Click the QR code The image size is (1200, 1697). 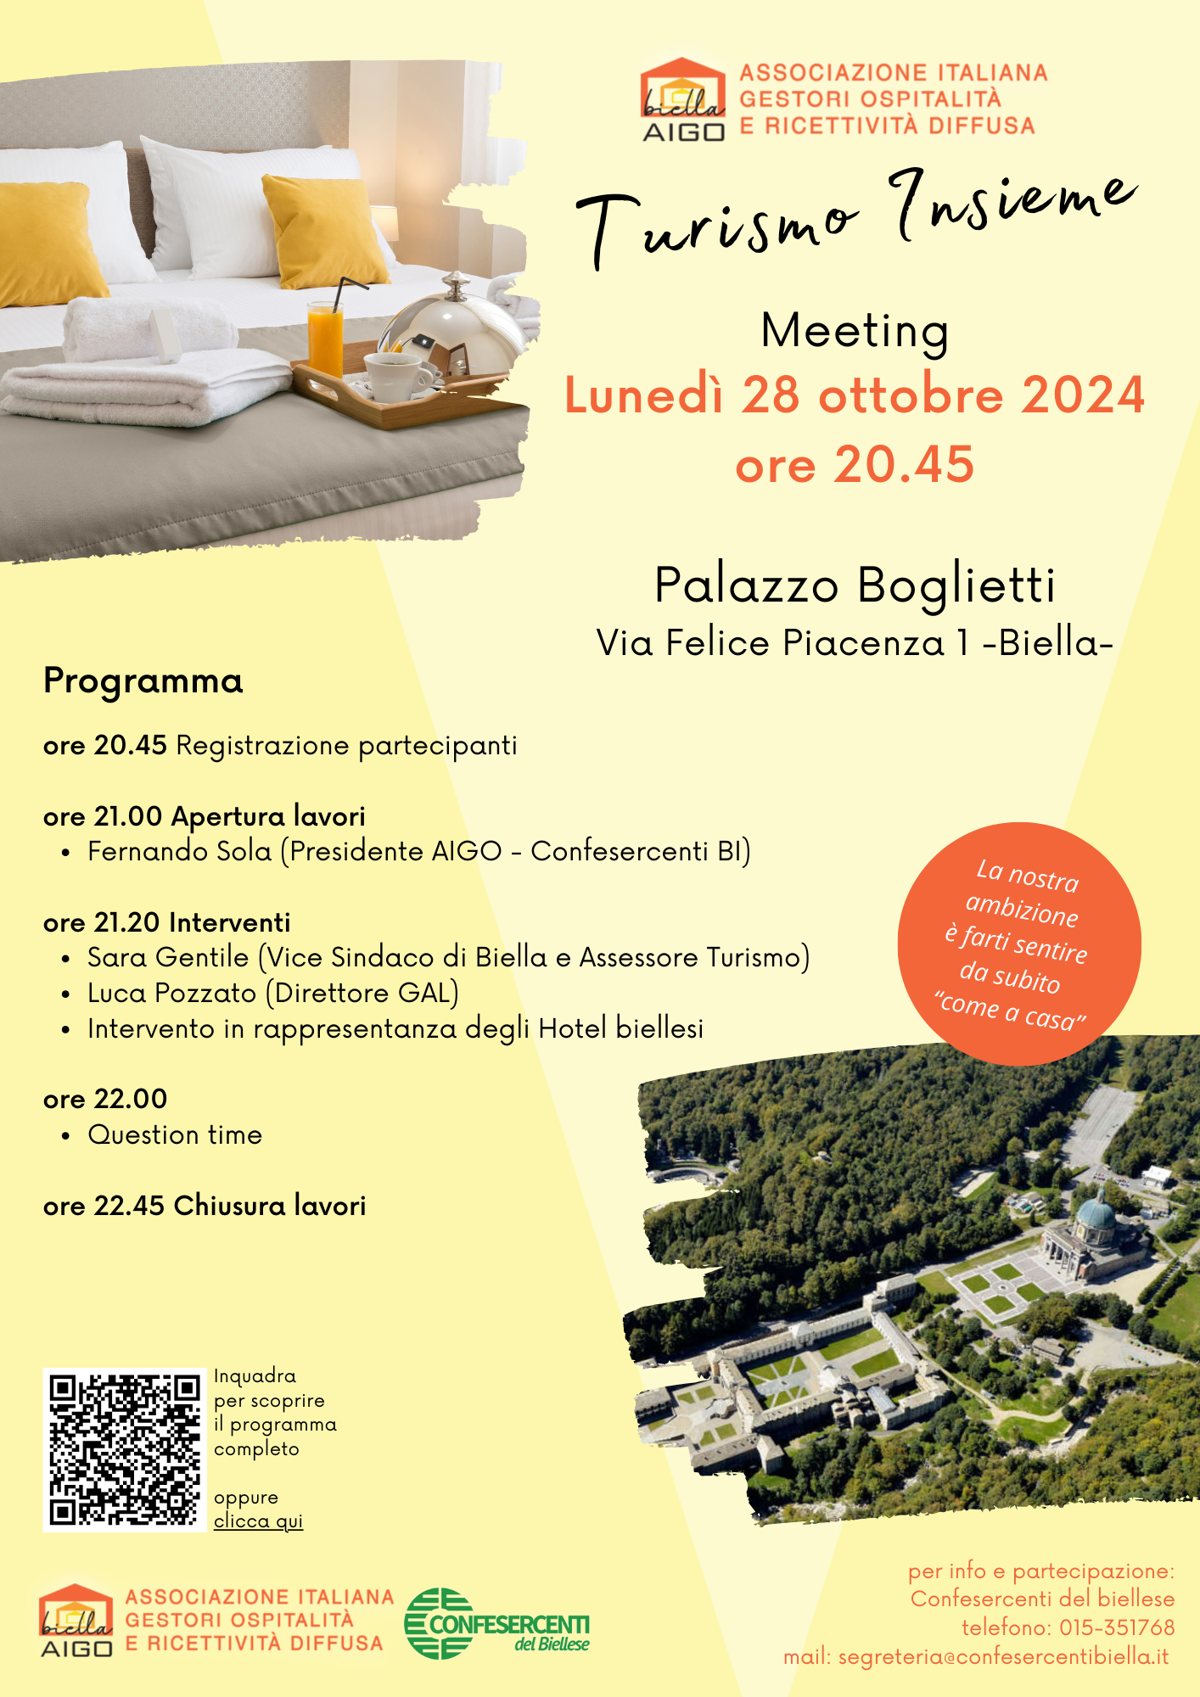[x=124, y=1449]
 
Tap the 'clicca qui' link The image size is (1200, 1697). [x=258, y=1521]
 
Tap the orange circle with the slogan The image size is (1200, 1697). [x=1018, y=944]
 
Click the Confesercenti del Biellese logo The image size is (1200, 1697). [x=497, y=1623]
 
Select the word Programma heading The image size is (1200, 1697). [x=143, y=680]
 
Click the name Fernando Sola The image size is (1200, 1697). [x=180, y=851]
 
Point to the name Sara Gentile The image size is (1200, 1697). [x=168, y=957]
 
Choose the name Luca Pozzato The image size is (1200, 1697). [x=172, y=993]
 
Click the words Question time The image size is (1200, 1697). [x=175, y=1134]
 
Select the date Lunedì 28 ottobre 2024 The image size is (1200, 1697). [x=855, y=395]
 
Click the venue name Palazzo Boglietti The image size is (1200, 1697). [x=855, y=585]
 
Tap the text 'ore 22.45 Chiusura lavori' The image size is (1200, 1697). [x=205, y=1206]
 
